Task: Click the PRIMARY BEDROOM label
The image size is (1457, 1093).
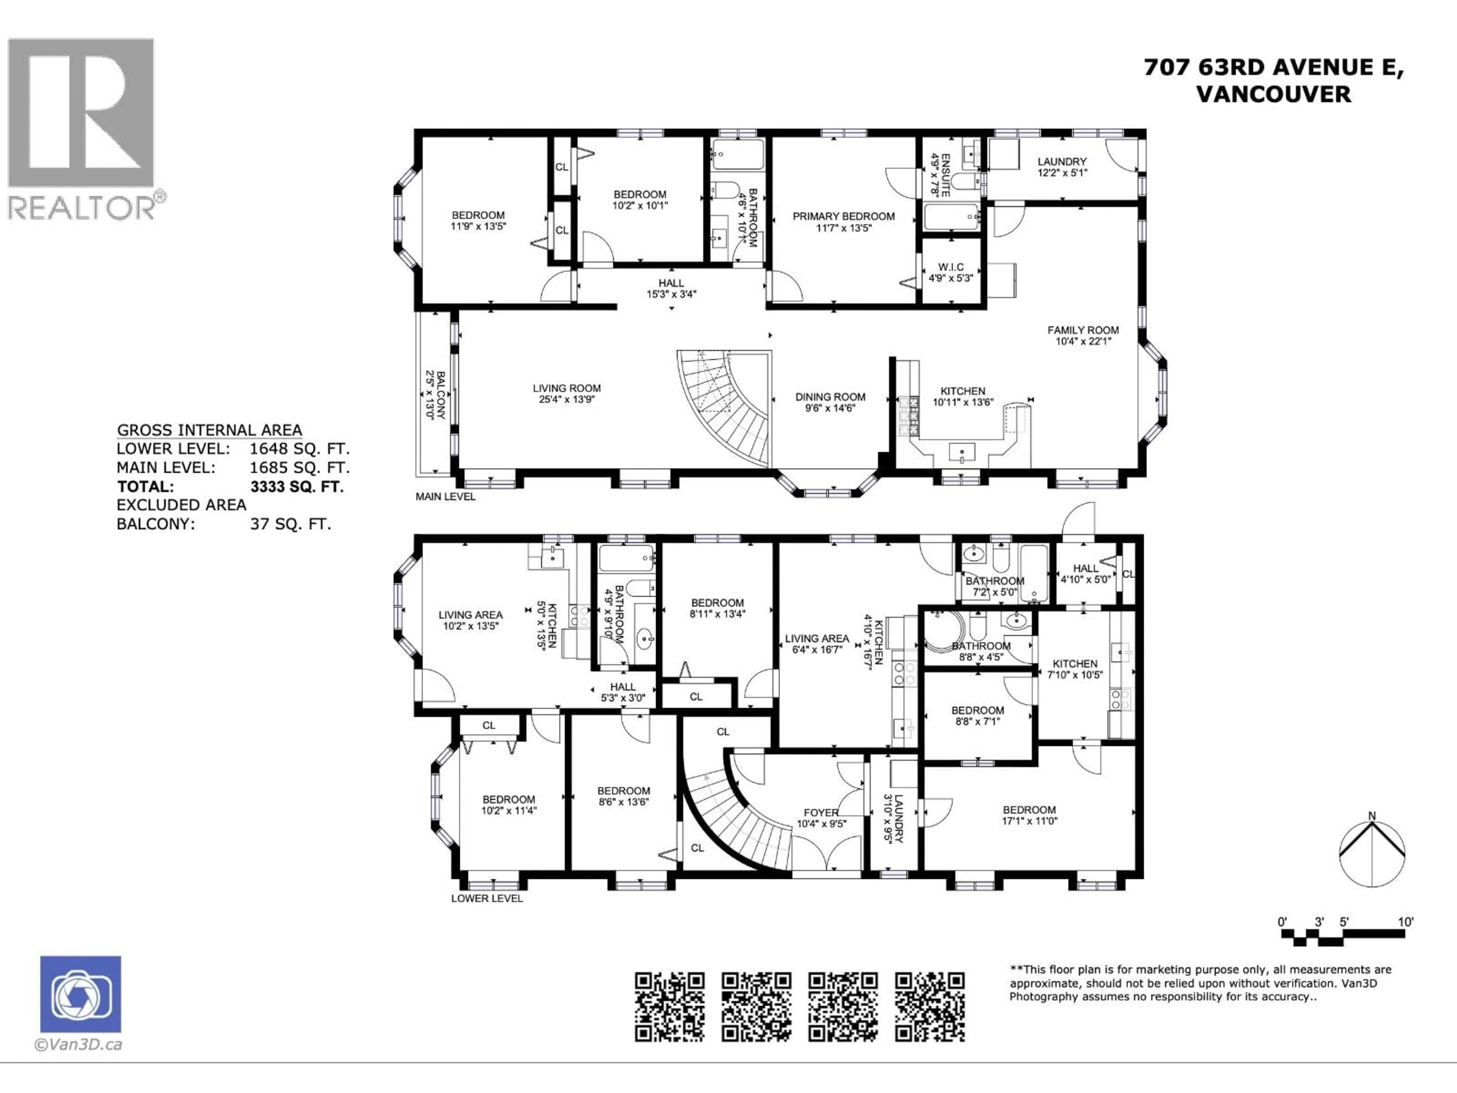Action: [x=843, y=216]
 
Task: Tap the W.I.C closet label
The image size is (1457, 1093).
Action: [x=950, y=267]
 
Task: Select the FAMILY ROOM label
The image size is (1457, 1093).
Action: [x=1083, y=330]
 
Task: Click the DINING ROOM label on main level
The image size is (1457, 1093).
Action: [x=830, y=397]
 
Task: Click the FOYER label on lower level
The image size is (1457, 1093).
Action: [x=821, y=812]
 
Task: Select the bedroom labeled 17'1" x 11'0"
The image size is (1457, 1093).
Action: [x=1029, y=815]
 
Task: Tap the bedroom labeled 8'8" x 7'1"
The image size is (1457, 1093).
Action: [x=977, y=715]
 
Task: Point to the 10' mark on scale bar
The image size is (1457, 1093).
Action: [x=1406, y=922]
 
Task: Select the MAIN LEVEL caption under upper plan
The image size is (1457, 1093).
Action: [x=445, y=497]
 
